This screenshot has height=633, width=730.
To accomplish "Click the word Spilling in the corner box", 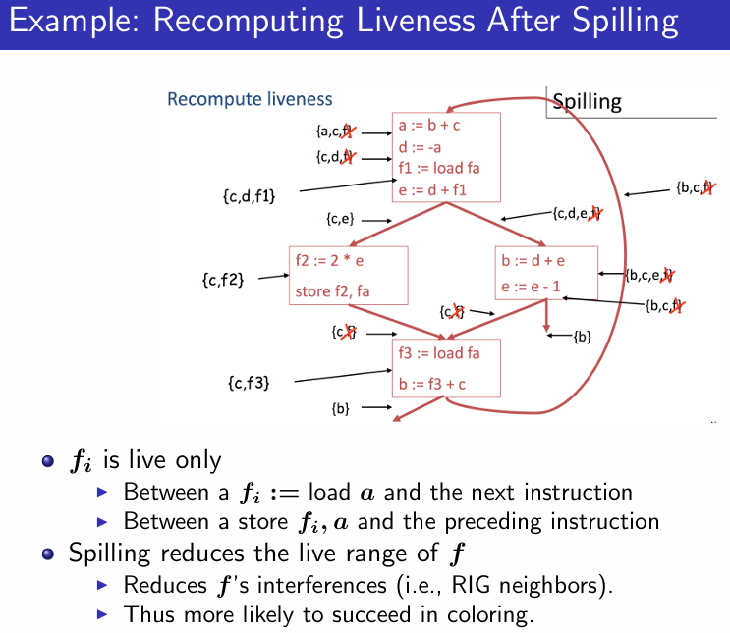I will click(x=587, y=102).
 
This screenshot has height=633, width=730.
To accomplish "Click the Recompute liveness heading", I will click(x=250, y=99).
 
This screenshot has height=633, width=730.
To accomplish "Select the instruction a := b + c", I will click(x=429, y=126).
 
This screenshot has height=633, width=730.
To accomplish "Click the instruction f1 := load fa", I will click(x=438, y=168).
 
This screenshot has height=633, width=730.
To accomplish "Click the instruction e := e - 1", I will click(x=532, y=287).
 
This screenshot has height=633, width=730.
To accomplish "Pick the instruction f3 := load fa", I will click(x=439, y=353).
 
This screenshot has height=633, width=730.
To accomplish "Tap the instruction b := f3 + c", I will click(x=432, y=384).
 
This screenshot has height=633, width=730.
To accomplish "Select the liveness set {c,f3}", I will click(x=249, y=381).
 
